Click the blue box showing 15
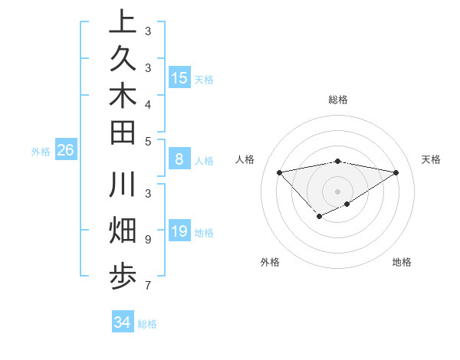pos(179,77)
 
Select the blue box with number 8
pos(179,160)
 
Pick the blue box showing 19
pos(179,231)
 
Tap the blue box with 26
pos(66,150)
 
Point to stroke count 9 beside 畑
pos(147,239)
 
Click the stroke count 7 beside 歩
pos(147,286)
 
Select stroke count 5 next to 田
pos(147,141)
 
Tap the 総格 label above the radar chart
pos(337,100)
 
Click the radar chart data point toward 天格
pos(396,172)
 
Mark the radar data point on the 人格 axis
pos(279,172)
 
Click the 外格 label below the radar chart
pos(270,262)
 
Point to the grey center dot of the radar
pos(337,191)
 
